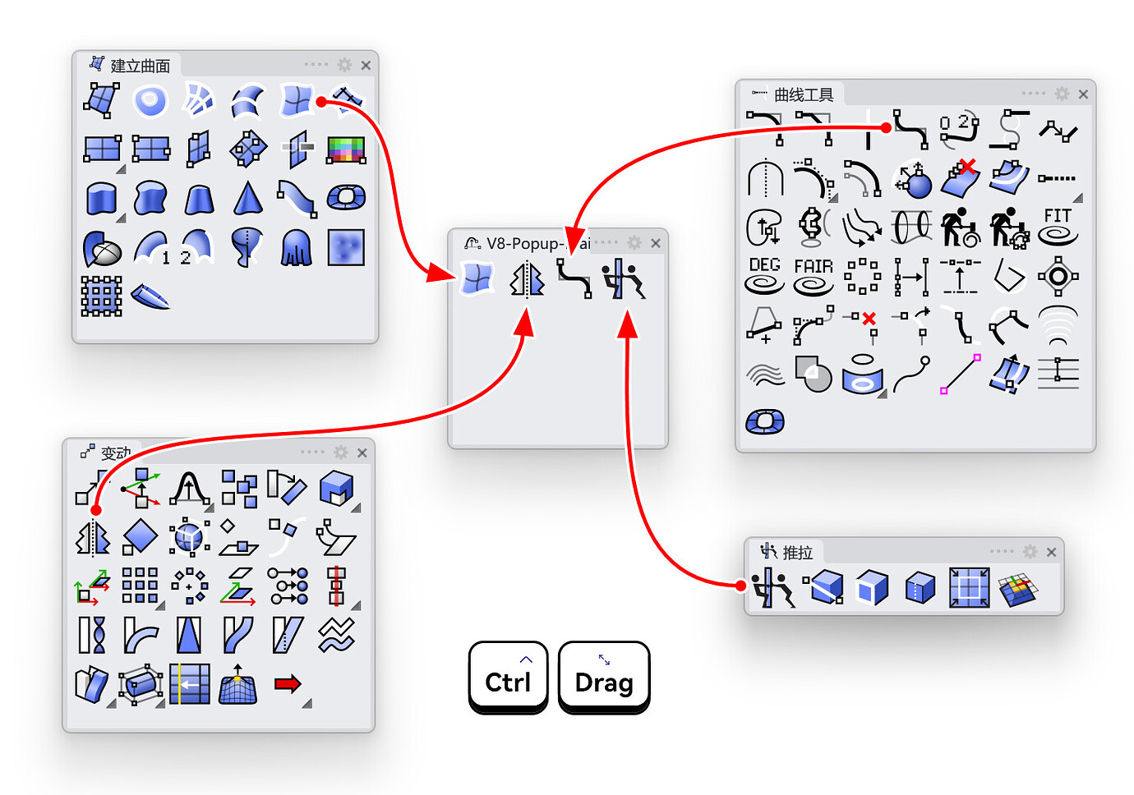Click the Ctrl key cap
[x=508, y=677]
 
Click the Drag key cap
[x=604, y=677]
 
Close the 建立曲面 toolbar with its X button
[x=366, y=66]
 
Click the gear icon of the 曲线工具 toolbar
[x=1062, y=94]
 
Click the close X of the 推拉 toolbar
[x=1051, y=552]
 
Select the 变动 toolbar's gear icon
[x=341, y=453]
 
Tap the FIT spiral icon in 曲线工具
[x=1058, y=227]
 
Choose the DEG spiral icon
[x=764, y=275]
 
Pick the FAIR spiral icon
[x=814, y=276]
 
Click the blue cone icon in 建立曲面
[x=247, y=198]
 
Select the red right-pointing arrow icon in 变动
[x=288, y=684]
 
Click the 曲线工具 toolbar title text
[x=804, y=95]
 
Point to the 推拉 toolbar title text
[x=797, y=553]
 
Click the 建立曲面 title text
[x=141, y=67]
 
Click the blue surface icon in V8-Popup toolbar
[x=477, y=278]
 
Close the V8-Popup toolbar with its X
[x=655, y=243]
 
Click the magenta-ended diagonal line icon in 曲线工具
[x=961, y=375]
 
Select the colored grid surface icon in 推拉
[x=1017, y=588]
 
